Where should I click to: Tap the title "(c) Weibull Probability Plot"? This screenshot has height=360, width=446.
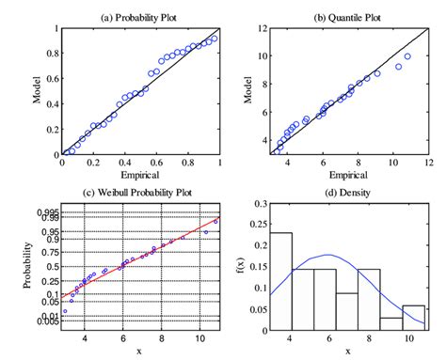tap(138, 195)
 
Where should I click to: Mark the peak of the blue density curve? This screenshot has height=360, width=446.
tap(327, 255)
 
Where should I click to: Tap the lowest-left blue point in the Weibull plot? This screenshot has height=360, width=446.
tap(65, 311)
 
